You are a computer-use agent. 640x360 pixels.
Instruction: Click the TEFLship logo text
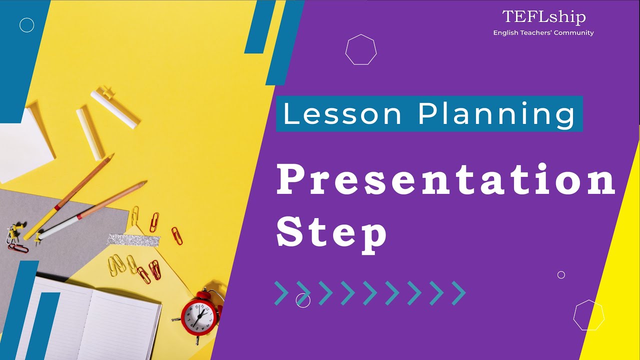tap(544, 17)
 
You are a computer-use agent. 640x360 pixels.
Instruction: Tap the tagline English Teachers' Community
tap(543, 33)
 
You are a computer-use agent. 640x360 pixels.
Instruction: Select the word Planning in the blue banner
tap(497, 114)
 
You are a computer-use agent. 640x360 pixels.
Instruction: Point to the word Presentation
tap(445, 179)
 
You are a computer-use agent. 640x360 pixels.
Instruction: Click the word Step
tap(331, 235)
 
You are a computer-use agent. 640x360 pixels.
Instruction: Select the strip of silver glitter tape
tap(133, 239)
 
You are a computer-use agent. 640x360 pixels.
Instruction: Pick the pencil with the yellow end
tap(68, 196)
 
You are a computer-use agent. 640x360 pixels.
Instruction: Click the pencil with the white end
tap(93, 210)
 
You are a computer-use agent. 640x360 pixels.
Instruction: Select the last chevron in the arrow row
tap(459, 293)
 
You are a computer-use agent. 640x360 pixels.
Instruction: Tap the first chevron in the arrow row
tap(281, 293)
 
